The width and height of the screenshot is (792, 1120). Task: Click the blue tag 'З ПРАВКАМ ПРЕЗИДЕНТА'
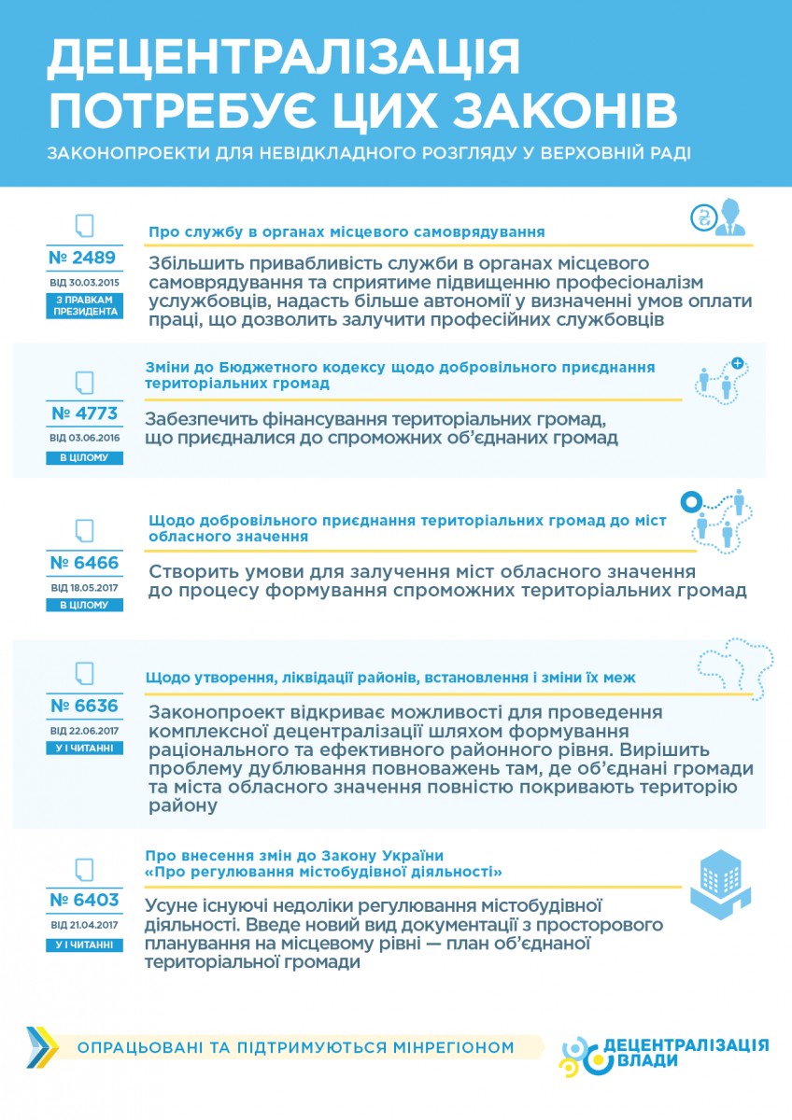[84, 305]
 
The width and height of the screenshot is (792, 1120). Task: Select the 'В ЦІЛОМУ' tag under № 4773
[84, 458]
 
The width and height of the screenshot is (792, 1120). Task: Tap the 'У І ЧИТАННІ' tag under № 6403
[84, 945]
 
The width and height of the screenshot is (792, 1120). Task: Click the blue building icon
[720, 886]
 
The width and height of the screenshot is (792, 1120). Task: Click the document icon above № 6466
[84, 530]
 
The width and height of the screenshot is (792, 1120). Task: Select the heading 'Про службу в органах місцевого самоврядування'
[346, 231]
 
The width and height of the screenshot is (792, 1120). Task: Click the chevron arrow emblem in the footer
[42, 1047]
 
